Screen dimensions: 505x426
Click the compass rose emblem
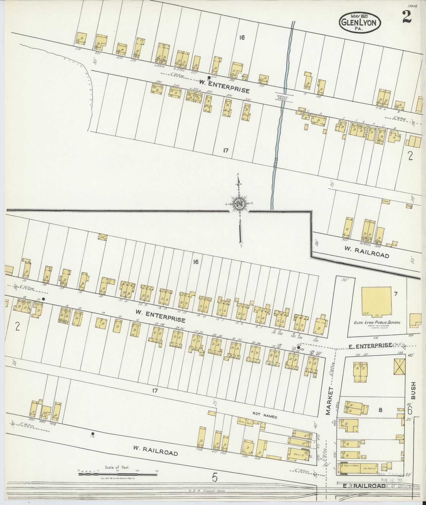[x=239, y=204]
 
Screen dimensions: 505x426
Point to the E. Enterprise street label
[x=370, y=345]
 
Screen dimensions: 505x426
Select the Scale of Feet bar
[x=117, y=474]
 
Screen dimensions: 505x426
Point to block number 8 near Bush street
[x=380, y=410]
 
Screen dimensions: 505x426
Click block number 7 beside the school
[x=396, y=293]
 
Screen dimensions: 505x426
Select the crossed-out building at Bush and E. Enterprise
[x=399, y=367]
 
